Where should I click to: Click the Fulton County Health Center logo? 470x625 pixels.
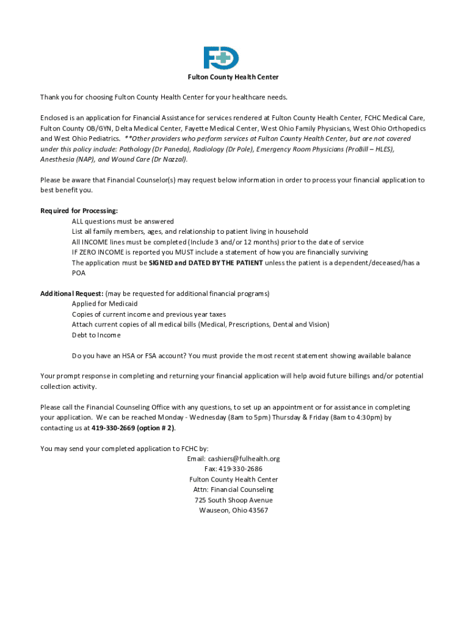(x=221, y=58)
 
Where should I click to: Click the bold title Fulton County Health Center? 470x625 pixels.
(x=233, y=77)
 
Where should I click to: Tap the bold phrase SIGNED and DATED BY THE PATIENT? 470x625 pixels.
(x=206, y=263)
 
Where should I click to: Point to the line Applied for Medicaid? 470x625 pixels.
(x=104, y=304)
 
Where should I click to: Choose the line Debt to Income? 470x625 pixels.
(x=96, y=335)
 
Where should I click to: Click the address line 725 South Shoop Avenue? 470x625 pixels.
(x=234, y=500)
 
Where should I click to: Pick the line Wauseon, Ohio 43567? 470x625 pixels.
(x=234, y=511)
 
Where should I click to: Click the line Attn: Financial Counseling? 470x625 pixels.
(x=234, y=490)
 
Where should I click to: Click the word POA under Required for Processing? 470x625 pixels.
(x=79, y=273)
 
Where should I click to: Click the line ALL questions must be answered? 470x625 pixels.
(x=123, y=222)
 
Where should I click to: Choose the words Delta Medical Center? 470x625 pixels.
(x=140, y=128)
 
